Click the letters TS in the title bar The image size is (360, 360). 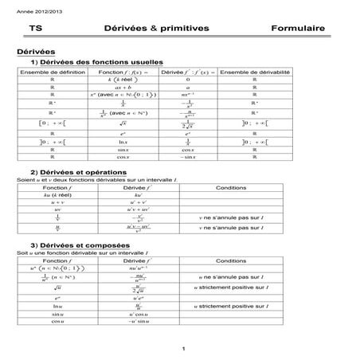pos(34,28)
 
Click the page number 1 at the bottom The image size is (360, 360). pos(182,348)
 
